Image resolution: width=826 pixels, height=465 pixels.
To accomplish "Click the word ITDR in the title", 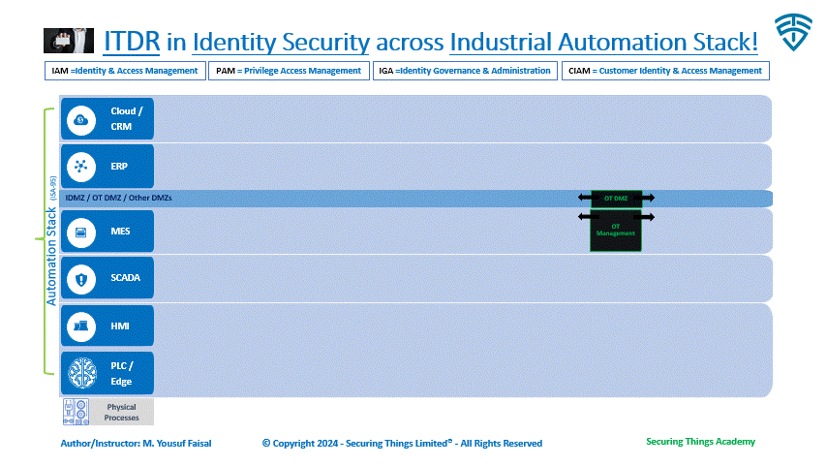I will point(131,42).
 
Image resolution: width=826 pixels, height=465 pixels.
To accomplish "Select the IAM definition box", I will point(124,71).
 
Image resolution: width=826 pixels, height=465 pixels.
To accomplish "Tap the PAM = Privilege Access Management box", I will point(287,71).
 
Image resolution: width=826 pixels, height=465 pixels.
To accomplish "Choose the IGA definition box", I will point(464,71).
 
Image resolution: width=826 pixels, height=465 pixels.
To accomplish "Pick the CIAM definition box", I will point(665,71).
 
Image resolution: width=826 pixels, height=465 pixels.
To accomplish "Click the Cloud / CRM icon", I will point(81,119).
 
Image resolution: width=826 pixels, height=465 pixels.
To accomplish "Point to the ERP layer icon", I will point(81,167).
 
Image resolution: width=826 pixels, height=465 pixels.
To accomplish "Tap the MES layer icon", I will point(81,232).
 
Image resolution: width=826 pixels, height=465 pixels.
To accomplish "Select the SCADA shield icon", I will point(81,279).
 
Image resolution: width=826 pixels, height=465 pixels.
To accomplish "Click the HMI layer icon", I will point(81,326).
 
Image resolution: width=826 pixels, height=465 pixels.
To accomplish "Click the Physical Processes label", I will point(122,412).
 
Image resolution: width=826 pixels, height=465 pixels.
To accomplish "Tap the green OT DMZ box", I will point(616,198).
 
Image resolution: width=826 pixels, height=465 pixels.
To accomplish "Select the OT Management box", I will point(616,231).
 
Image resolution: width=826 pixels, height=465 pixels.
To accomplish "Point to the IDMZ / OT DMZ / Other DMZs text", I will point(117,199).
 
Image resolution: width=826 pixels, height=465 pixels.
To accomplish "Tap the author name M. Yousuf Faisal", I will point(176,443).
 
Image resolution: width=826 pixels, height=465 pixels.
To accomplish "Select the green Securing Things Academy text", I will point(700,442).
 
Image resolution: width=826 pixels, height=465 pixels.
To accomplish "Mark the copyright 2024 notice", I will point(402,443).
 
